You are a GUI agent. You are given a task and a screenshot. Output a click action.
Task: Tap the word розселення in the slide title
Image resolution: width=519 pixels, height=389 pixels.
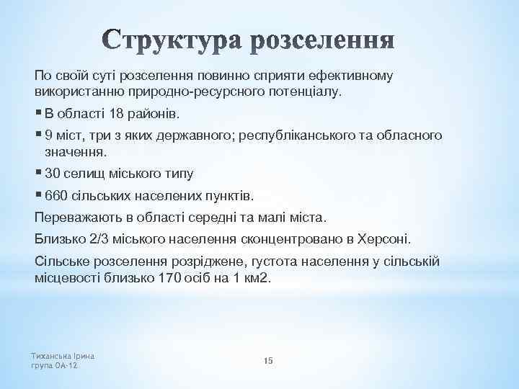point(324,41)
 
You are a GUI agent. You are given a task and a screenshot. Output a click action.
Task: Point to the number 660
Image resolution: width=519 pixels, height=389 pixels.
point(55,195)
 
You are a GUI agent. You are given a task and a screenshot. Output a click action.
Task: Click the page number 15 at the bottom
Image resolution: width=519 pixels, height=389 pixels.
point(268,360)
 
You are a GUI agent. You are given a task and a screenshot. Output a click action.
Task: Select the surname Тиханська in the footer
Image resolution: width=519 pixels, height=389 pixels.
point(54,355)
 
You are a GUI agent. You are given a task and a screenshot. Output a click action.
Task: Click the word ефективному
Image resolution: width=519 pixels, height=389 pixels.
point(350,76)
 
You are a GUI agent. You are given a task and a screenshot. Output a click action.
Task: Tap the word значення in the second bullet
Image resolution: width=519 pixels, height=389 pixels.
point(75,152)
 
